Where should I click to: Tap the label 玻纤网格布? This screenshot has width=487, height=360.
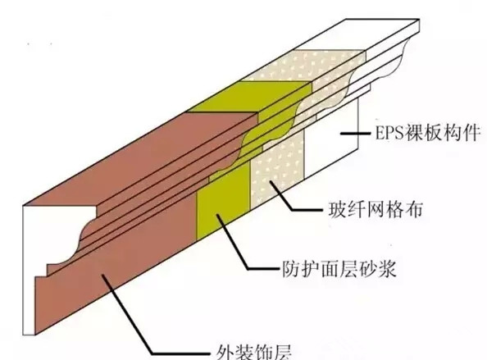coord(375,210)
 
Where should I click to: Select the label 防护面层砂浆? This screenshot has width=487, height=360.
coord(339,268)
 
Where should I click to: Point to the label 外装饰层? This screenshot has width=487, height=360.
coord(254,352)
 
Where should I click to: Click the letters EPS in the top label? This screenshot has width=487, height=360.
coord(389,133)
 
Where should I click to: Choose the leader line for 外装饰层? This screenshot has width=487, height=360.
coord(155,314)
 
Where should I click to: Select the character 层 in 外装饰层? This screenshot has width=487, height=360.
coord(283,352)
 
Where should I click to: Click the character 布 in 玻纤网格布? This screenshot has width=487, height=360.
coord(414,210)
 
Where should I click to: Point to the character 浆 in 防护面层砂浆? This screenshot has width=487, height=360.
coord(387,268)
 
